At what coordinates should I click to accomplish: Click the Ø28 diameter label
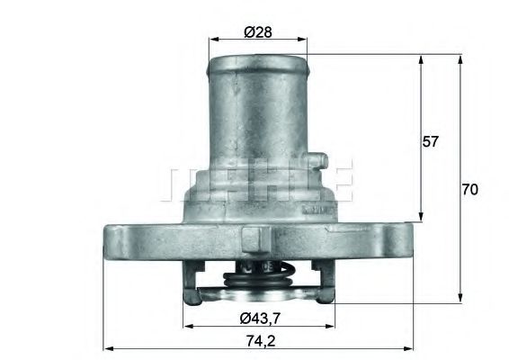tap(258, 31)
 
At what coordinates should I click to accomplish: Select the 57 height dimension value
tap(431, 141)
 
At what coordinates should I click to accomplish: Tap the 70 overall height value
tap(469, 190)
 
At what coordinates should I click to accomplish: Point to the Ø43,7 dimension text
tap(260, 317)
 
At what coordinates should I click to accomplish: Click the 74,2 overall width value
tap(259, 340)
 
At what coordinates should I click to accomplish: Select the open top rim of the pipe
tap(258, 62)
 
